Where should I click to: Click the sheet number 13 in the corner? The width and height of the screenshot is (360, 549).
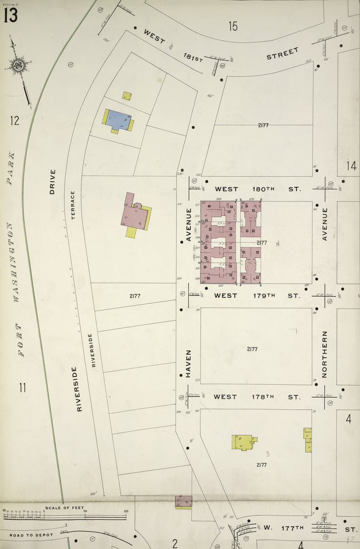point(10,15)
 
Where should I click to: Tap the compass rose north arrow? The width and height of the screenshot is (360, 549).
point(19,66)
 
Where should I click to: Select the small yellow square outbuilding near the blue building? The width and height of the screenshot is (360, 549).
point(126,96)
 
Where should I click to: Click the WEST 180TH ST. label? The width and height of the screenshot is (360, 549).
point(258,189)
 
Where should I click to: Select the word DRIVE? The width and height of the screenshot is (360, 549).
point(52,181)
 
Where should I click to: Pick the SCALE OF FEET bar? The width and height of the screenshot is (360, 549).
point(64,516)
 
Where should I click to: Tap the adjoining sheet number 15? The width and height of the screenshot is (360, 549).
point(232,25)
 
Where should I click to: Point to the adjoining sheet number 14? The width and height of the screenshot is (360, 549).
point(351,166)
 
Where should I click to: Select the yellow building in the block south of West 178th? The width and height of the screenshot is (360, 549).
point(243,442)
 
